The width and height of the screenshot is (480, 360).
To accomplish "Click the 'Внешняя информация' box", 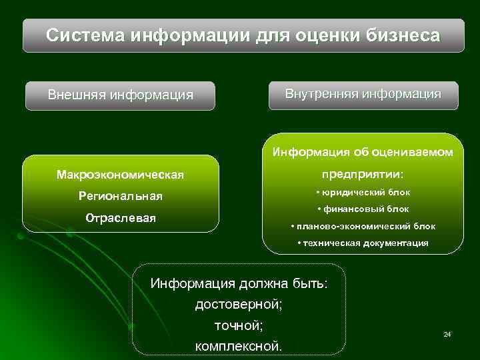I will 120,95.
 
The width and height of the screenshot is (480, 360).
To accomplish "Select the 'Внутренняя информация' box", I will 363,94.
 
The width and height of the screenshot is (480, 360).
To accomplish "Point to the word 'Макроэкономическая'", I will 120,175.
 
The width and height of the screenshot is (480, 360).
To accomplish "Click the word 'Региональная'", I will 120,197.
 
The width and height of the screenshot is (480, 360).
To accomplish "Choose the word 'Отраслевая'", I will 120,218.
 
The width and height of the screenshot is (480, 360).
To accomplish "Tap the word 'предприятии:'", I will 363,173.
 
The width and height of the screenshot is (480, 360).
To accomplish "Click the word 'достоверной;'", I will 239,305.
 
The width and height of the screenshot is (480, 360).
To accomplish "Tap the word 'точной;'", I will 239,325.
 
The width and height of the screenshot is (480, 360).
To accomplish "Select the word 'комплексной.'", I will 239,347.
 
